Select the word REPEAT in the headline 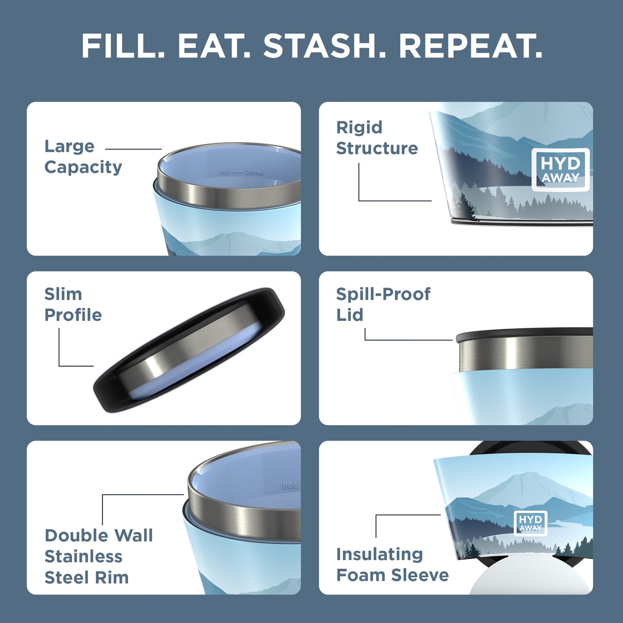click(x=470, y=46)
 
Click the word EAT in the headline click(x=213, y=46)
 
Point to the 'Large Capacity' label click(x=83, y=157)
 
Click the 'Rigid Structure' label click(x=377, y=138)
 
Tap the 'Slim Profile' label click(x=73, y=304)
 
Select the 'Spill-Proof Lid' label click(x=383, y=304)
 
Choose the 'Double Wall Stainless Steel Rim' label click(x=99, y=556)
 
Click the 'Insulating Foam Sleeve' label click(x=392, y=564)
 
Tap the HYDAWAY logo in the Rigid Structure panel click(x=560, y=170)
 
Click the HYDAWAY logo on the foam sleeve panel click(x=530, y=523)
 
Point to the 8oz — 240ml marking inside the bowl click(x=241, y=172)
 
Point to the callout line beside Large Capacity click(x=133, y=149)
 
